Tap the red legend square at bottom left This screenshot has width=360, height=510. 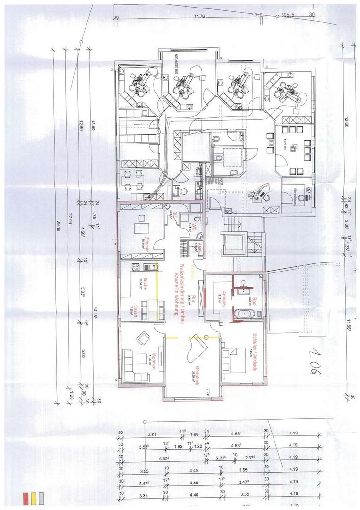click(x=26, y=497)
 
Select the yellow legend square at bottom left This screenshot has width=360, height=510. click(x=34, y=497)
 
